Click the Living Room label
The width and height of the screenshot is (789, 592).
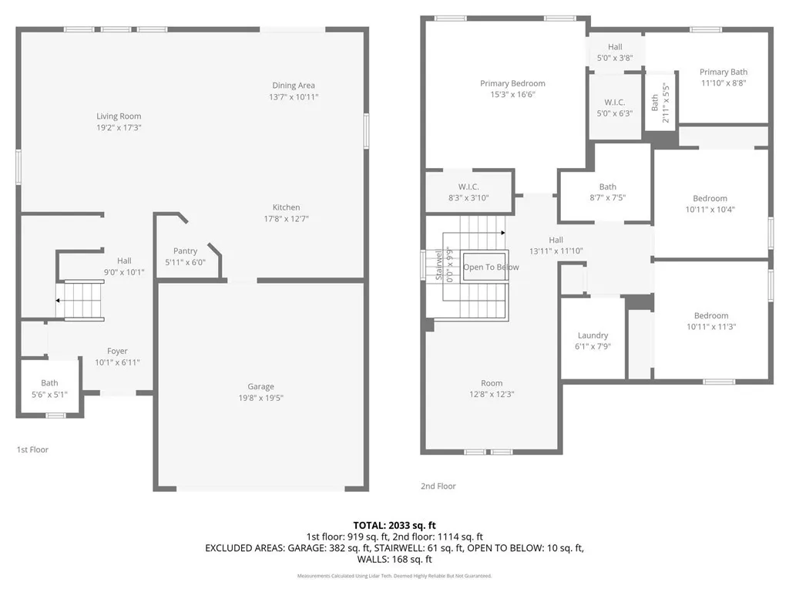pos(119,116)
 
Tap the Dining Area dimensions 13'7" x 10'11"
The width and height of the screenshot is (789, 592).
pos(293,97)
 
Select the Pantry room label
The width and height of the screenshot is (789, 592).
pos(185,251)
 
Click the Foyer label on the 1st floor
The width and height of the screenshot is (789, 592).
pos(117,351)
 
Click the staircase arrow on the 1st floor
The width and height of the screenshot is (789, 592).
pos(59,301)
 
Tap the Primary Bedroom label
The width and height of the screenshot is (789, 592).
pos(512,83)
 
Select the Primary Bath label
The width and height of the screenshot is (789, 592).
pos(724,72)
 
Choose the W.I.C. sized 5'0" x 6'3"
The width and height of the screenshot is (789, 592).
pos(614,103)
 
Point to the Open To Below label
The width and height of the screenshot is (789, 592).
pos(491,267)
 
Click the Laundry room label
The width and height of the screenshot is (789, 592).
pos(593,335)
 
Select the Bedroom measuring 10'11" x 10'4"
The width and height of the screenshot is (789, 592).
pos(710,199)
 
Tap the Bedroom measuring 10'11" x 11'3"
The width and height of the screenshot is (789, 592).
pos(710,315)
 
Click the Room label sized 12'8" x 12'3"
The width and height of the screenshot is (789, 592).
pos(492,383)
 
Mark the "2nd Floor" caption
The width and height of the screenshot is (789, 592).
pos(438,486)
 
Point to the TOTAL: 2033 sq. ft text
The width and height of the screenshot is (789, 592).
pos(394,525)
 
